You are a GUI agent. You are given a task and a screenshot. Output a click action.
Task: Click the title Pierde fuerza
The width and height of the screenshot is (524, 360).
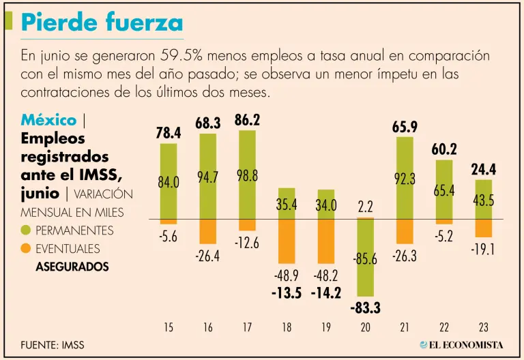102,22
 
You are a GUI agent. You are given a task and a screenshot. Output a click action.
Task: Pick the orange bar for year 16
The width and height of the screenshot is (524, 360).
207,232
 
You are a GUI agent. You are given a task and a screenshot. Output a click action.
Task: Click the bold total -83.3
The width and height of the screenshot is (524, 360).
365,308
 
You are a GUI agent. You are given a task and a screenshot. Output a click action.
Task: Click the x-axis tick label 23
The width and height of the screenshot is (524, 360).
483,328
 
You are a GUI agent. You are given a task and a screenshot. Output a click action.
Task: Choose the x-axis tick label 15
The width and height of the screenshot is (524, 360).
169,328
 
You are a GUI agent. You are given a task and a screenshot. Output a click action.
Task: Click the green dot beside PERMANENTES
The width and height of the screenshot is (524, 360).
27,230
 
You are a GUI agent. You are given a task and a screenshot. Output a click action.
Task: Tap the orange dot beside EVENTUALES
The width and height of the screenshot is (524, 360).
27,249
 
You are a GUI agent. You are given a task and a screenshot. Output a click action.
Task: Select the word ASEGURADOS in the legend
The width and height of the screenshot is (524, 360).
72,267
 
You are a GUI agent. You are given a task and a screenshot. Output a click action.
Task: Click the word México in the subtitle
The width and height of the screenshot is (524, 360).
48,120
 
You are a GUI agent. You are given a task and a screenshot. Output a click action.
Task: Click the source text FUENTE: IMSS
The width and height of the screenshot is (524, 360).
52,344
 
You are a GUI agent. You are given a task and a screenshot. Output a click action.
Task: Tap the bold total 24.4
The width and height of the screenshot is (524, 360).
483,169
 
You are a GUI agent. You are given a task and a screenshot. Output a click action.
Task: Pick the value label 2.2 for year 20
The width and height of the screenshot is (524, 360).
365,205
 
